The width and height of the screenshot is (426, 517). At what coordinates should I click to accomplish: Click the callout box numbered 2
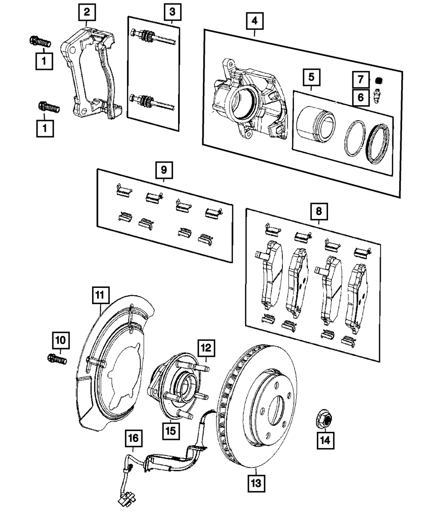pyautogui.click(x=87, y=12)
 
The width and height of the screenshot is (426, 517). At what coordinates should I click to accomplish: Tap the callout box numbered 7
pyautogui.click(x=361, y=80)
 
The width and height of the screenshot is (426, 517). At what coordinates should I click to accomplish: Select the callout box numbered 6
pyautogui.click(x=361, y=97)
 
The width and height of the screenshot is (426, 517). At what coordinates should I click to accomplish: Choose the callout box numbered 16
pyautogui.click(x=134, y=438)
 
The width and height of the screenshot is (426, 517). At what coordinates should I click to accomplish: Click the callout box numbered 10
pyautogui.click(x=61, y=340)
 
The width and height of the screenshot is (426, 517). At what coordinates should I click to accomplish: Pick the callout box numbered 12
pyautogui.click(x=206, y=348)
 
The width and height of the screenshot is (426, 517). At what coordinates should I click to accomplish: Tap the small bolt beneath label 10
pyautogui.click(x=57, y=359)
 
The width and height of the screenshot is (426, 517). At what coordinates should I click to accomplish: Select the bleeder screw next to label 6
pyautogui.click(x=377, y=96)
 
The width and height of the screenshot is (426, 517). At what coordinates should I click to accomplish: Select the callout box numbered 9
pyautogui.click(x=164, y=170)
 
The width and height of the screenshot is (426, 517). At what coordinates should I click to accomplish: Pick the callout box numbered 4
pyautogui.click(x=255, y=21)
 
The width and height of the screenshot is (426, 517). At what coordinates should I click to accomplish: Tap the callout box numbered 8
pyautogui.click(x=319, y=212)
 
